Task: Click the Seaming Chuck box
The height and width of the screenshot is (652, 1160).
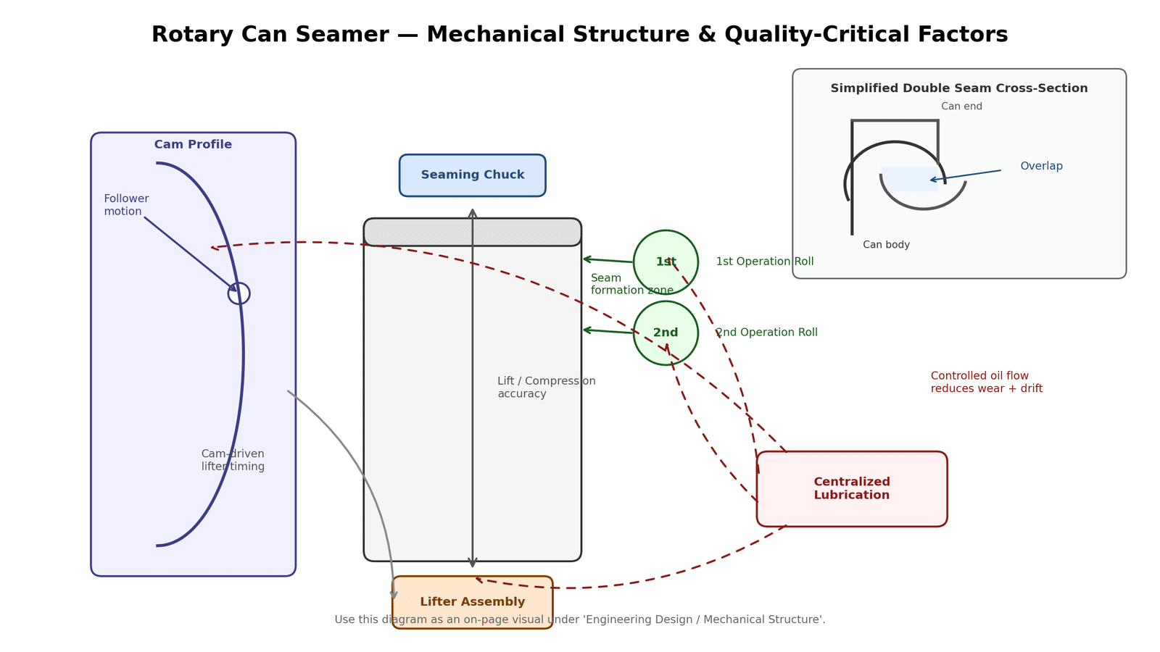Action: pos(472,175)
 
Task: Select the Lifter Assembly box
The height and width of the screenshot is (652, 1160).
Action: pos(472,602)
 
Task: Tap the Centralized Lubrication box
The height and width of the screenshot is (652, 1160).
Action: pos(852,489)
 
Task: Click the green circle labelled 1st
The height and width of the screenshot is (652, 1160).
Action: pos(666,262)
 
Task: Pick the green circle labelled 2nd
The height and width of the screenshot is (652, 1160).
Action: pos(666,333)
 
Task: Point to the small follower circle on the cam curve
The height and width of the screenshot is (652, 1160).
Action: pos(239,293)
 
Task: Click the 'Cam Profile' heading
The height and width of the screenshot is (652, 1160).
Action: pos(193,145)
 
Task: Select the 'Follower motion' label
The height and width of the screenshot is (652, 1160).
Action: pos(126,205)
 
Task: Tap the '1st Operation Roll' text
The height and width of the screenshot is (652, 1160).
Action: pos(765,262)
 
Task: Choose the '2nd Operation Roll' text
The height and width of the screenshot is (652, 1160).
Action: pos(766,333)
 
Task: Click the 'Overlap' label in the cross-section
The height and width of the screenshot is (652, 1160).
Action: pos(1041,167)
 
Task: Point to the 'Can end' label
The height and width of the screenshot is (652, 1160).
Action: pos(961,106)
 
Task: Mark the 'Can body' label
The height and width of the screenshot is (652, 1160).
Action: pos(886,245)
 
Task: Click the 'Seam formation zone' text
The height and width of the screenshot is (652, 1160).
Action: pos(631,284)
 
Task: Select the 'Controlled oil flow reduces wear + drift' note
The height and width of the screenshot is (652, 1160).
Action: pos(986,383)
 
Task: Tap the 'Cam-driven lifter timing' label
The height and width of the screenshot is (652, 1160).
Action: pos(233,461)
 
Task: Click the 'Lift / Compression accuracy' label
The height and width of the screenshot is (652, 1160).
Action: pos(546,388)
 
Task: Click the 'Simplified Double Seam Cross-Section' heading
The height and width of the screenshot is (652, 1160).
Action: pos(958,88)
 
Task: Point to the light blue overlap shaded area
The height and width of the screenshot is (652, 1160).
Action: pos(909,179)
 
